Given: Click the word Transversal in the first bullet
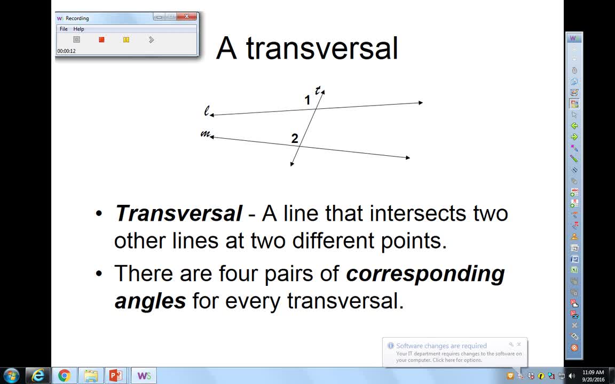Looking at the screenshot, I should (178, 214).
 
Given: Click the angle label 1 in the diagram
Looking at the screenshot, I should (307, 100).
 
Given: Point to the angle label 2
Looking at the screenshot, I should (295, 139).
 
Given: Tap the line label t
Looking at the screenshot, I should (318, 90).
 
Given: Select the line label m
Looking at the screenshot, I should (204, 133).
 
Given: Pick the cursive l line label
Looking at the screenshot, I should (207, 111).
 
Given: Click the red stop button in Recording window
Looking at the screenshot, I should (101, 39).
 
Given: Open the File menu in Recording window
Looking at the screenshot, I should (64, 29).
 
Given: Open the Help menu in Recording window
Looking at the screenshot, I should (78, 29).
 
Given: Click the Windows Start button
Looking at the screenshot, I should (11, 375).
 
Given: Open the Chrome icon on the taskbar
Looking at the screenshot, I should (65, 375).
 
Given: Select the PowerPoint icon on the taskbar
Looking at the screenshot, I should (115, 375).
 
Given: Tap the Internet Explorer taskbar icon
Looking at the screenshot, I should (38, 375).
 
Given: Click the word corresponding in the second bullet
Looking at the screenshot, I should (425, 274).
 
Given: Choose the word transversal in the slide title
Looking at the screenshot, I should (322, 49).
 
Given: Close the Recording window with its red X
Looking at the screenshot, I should (187, 17).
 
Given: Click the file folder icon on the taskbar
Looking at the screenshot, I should (91, 375).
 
